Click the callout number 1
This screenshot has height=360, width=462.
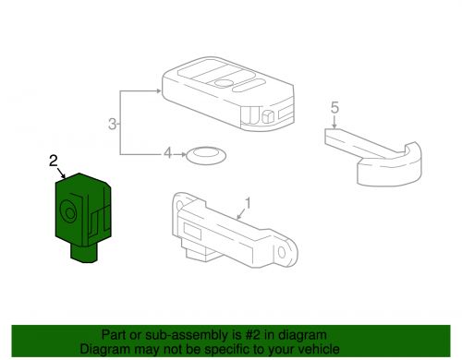pos(247,201)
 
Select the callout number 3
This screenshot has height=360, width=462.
pos(113,124)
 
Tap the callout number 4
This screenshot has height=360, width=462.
pos(168,154)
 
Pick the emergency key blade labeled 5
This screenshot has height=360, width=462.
pos(370,148)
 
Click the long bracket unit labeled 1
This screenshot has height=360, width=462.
pos(222,226)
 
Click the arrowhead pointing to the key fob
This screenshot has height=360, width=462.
pos(159,92)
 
